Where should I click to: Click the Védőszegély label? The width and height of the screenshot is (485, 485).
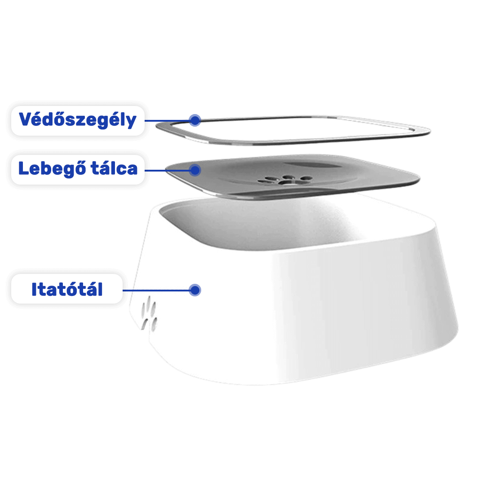78,120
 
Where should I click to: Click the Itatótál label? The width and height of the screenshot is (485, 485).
67,289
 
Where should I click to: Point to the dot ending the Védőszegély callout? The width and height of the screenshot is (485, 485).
194,120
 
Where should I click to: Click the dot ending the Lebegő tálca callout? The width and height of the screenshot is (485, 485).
195,170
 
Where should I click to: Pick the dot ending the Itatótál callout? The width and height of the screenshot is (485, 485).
194,290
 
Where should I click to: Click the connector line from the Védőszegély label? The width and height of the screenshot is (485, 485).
166,120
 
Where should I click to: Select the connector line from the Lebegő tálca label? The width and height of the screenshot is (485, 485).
166,170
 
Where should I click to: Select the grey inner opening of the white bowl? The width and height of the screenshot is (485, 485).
251,225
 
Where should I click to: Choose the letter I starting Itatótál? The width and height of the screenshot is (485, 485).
35,290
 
